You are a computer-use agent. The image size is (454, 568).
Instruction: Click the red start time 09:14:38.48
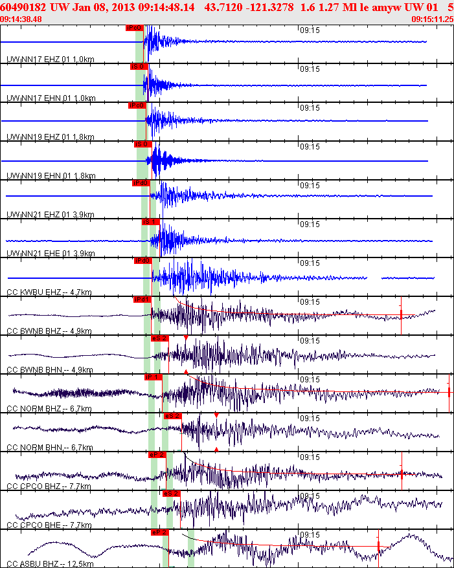(21, 19)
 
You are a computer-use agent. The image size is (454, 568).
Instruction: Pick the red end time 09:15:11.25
(433, 19)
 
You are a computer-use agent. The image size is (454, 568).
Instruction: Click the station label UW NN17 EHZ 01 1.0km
(51, 60)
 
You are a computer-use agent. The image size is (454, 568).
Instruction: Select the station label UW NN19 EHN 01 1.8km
(51, 176)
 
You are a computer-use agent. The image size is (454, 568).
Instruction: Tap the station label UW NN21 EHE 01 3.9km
(51, 254)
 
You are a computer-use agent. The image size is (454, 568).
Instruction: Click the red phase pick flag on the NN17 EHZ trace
(134, 28)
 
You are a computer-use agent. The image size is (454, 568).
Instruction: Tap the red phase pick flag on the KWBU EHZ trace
(142, 261)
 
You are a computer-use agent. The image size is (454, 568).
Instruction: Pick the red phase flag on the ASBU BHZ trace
(159, 532)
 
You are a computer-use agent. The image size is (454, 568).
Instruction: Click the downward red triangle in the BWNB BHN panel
(186, 338)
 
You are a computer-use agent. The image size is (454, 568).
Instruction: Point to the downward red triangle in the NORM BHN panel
(216, 415)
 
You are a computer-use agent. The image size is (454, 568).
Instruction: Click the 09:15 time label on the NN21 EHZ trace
(310, 185)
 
